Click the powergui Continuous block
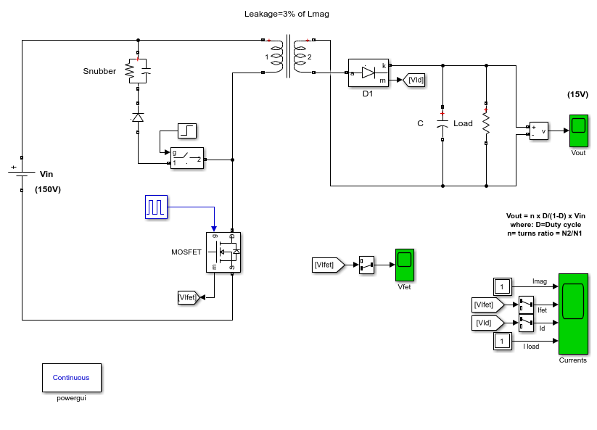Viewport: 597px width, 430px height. [72, 378]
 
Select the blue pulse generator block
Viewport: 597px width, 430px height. [156, 207]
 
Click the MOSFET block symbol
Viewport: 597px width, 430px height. [223, 252]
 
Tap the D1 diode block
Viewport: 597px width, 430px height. [369, 73]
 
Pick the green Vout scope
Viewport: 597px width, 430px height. [578, 131]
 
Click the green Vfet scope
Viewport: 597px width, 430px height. [404, 265]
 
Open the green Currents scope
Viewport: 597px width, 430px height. [573, 314]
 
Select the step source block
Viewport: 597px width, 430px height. [187, 131]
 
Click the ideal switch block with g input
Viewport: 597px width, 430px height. [187, 158]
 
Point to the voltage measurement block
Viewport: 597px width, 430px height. [539, 131]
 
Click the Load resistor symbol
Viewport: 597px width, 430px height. [486, 122]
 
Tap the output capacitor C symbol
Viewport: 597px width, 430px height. [442, 123]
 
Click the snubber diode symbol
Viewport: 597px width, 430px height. [138, 117]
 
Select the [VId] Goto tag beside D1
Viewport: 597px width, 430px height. [414, 80]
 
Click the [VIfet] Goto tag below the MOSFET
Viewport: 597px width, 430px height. [189, 297]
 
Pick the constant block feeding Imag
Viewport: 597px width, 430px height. [502, 286]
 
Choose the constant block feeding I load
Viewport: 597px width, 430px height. [502, 341]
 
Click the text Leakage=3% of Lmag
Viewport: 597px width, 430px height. [287, 14]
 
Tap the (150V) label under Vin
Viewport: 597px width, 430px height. [48, 189]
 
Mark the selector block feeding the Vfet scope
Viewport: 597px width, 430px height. [366, 265]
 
